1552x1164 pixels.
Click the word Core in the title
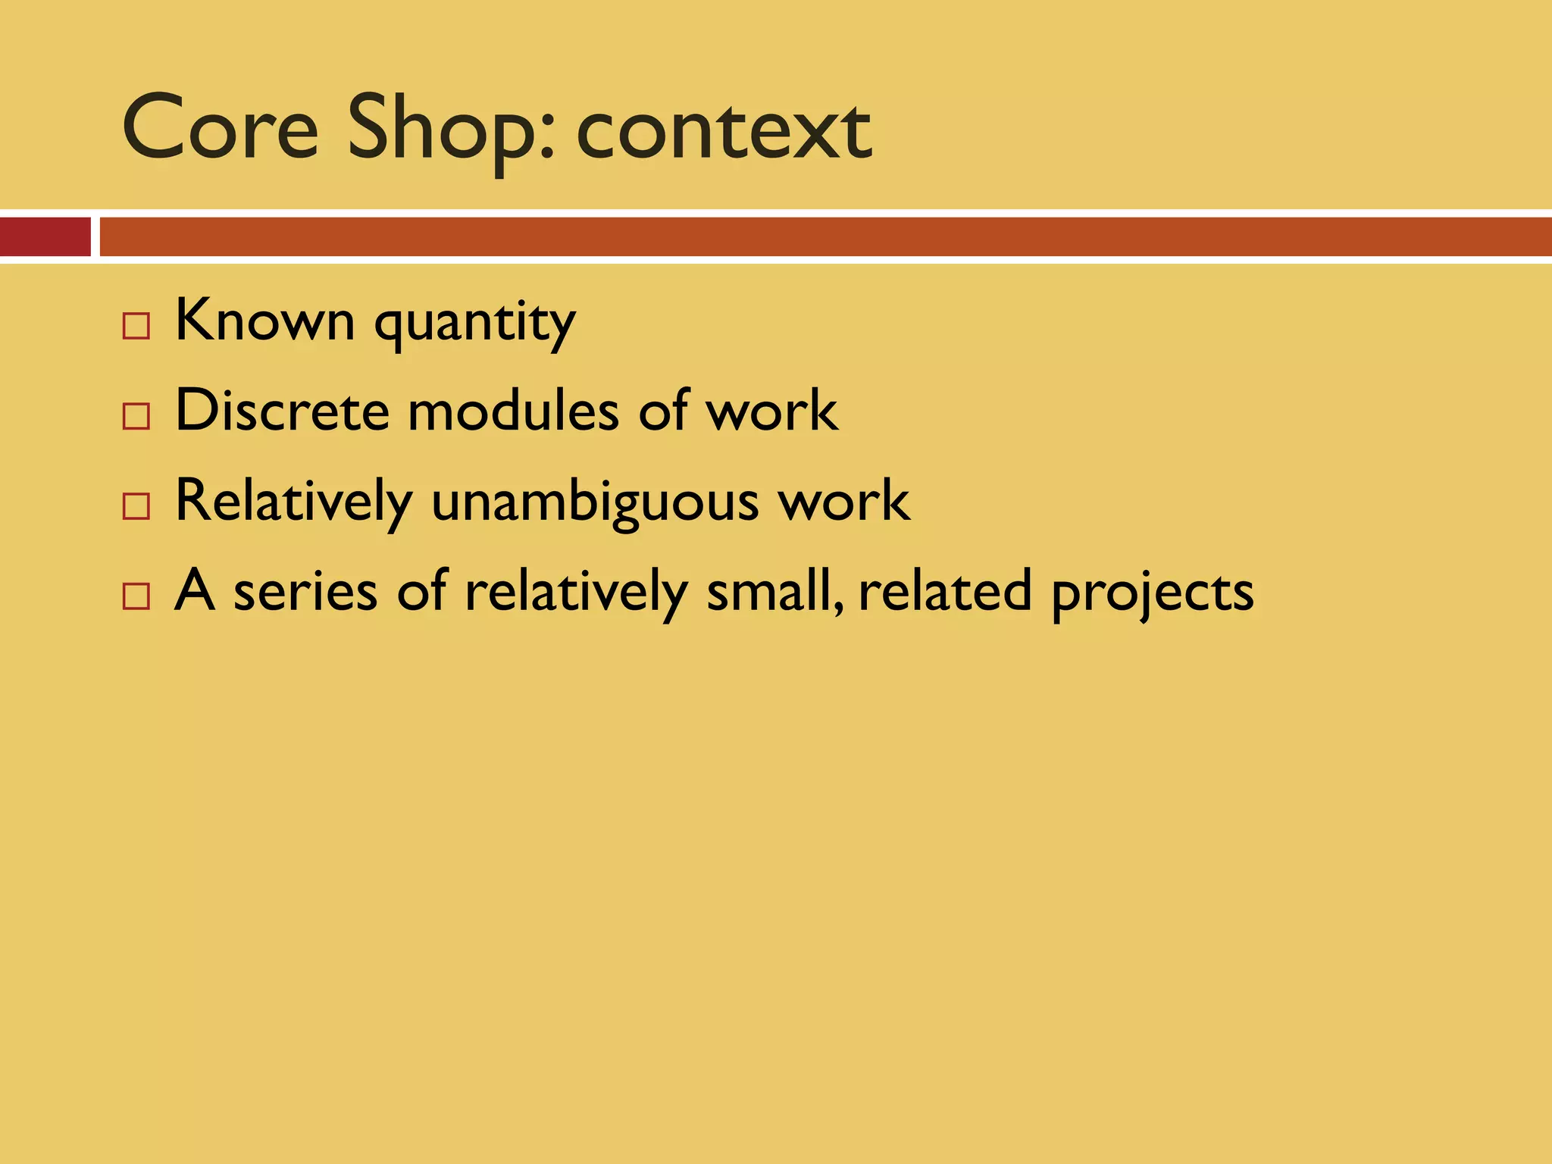point(220,129)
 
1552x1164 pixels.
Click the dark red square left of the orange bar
point(45,237)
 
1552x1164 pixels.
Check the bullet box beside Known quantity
point(136,326)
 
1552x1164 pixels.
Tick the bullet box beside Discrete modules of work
point(136,416)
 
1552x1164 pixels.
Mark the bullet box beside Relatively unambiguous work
point(136,506)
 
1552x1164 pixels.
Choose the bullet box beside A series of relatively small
point(136,596)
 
